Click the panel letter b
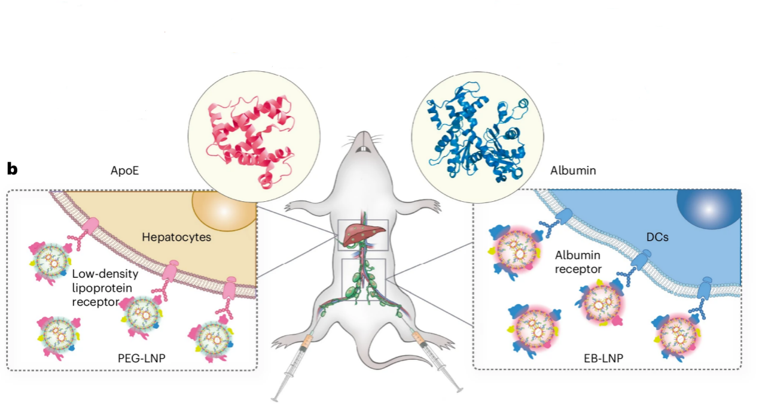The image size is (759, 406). point(12,169)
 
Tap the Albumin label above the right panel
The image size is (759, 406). point(572,171)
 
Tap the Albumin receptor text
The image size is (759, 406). point(578,262)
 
